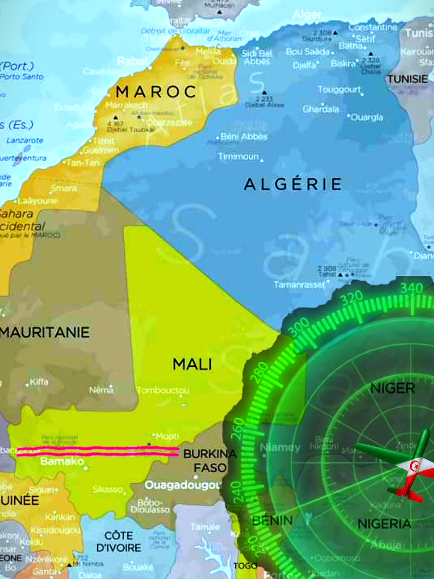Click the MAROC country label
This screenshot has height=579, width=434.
coord(156,91)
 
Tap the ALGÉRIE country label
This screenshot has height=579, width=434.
coord(293,184)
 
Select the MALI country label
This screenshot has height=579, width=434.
coord(192,364)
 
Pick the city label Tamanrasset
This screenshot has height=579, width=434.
coord(299,285)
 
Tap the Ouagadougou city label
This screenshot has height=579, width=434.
coord(183,485)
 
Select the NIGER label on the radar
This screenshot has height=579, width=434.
coord(392,388)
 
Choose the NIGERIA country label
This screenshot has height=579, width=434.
coord(384,524)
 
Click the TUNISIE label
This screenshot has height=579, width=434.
coord(408,79)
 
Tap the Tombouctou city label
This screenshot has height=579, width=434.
coord(163,390)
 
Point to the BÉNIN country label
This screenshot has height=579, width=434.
coord(272,520)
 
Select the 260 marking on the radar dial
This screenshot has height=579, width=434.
coord(238,428)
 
